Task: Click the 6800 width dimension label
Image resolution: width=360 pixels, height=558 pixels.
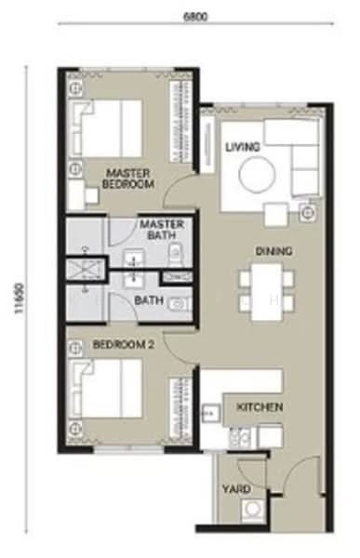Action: [x=194, y=17]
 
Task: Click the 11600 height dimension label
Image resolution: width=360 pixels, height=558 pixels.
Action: [x=20, y=298]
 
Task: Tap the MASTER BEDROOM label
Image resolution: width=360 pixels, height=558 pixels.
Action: [x=128, y=179]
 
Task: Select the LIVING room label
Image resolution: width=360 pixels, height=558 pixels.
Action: [x=243, y=147]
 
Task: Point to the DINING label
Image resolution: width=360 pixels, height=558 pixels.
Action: [x=273, y=251]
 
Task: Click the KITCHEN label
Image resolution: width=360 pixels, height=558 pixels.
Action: [x=260, y=407]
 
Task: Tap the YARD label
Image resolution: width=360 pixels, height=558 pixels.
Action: [x=236, y=489]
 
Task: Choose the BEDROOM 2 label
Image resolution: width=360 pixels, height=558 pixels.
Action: [x=123, y=344]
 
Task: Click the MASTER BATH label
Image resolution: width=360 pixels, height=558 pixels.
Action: [x=162, y=230]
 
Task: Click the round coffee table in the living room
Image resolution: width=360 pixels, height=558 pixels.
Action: [x=257, y=176]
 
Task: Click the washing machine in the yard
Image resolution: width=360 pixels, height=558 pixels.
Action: [x=253, y=511]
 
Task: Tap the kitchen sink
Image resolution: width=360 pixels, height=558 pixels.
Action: [x=211, y=414]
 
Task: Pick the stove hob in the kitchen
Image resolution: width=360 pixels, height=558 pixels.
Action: [x=240, y=438]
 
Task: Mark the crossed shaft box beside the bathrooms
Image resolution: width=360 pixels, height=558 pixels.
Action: [x=85, y=269]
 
